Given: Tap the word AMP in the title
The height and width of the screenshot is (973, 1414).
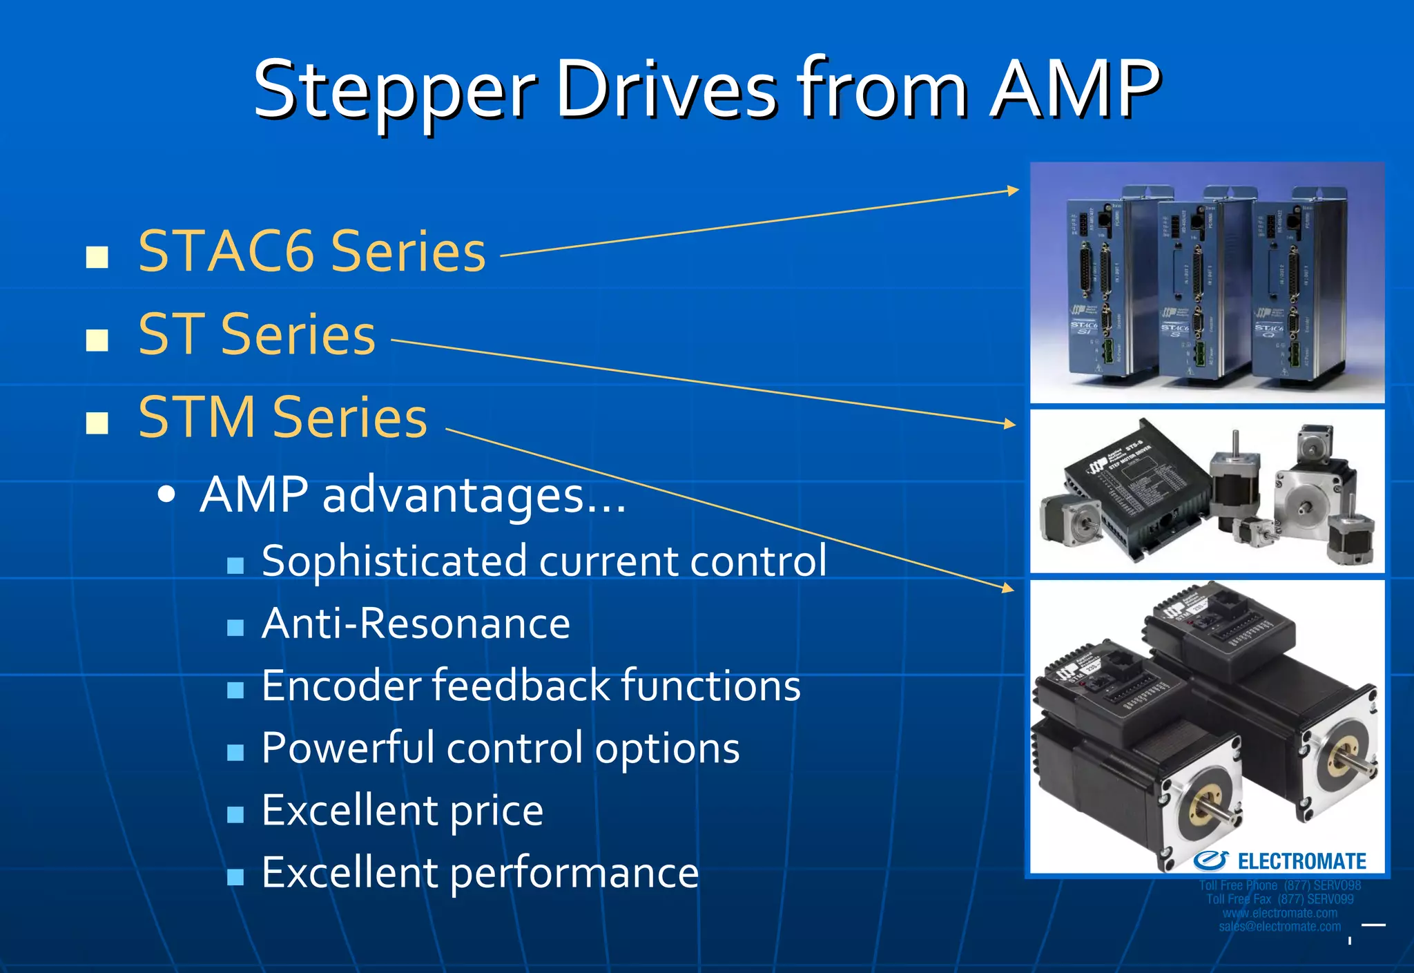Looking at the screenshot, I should tap(1074, 90).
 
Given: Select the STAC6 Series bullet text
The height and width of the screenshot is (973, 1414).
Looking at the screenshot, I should tap(312, 251).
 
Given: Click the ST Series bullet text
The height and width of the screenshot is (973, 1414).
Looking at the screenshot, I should tap(257, 335).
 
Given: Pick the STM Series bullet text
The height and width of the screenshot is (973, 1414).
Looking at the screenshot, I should tap(283, 418).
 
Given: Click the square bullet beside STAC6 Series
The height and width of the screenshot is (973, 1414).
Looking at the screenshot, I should tap(97, 257).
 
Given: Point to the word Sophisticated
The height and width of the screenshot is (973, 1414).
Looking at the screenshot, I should tap(394, 560).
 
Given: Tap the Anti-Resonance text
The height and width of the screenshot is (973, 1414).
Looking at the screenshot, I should tap(416, 624).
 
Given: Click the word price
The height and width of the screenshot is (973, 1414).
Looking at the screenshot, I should tap(496, 811).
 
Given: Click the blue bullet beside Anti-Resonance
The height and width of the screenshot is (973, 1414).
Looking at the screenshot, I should tap(235, 628).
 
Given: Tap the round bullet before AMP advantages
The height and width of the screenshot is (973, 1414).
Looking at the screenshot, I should tap(166, 496).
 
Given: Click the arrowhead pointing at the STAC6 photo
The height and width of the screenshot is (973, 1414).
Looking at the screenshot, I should tap(1013, 190).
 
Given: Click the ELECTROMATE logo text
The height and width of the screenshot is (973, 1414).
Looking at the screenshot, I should tap(1301, 862).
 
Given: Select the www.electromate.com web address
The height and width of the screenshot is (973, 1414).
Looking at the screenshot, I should tap(1279, 913).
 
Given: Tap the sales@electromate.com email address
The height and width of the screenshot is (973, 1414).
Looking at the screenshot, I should tap(1279, 927).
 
